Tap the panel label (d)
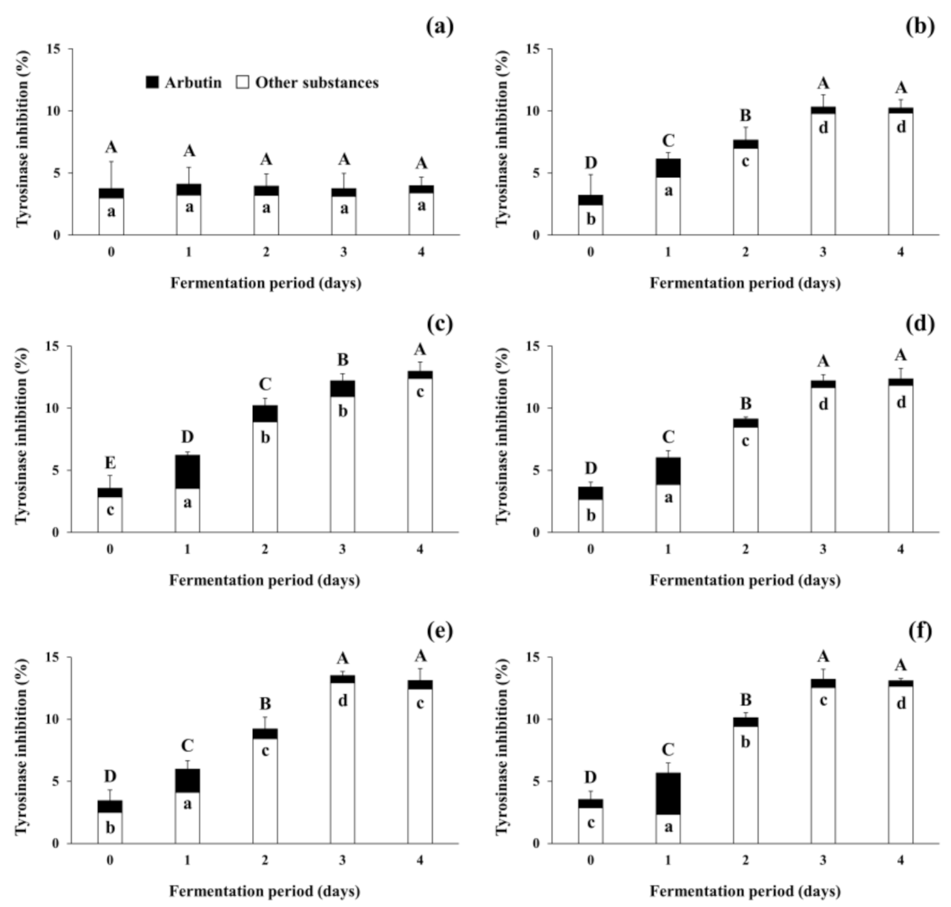(x=920, y=323)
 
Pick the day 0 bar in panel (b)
(x=590, y=216)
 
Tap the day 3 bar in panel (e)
(x=342, y=759)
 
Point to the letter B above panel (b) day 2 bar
(x=746, y=116)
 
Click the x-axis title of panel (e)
(x=265, y=891)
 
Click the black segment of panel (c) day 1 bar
(x=188, y=472)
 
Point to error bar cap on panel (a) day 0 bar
(x=111, y=162)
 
